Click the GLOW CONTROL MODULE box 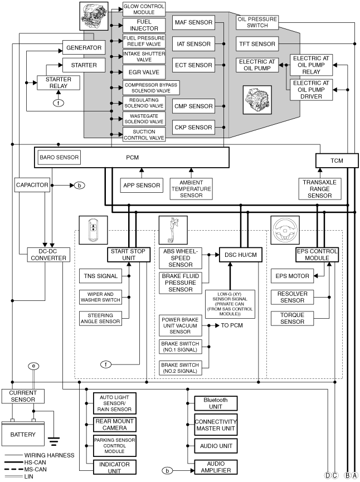[x=144, y=9]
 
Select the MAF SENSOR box [x=193, y=22]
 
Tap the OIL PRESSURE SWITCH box [x=257, y=22]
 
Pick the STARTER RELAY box [x=59, y=82]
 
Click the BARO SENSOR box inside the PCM [x=59, y=158]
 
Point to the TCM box [x=337, y=160]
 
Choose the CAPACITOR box [x=32, y=185]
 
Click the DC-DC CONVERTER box [x=48, y=255]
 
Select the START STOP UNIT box [x=129, y=255]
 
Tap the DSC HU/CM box [x=241, y=255]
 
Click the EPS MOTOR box [x=292, y=276]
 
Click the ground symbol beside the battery [x=53, y=442]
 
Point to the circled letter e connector [x=33, y=366]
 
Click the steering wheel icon [x=285, y=230]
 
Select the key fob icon [x=94, y=230]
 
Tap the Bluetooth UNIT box [x=216, y=403]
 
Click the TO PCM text [x=232, y=325]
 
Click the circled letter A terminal [x=354, y=475]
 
